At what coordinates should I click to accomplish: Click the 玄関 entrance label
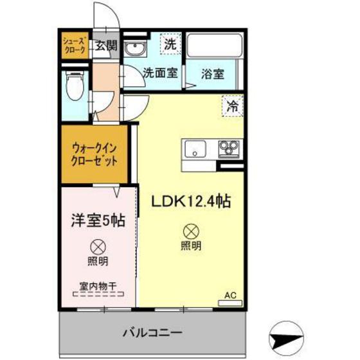point(106,46)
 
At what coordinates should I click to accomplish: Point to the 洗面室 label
point(160,73)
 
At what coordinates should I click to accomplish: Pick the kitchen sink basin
point(194,152)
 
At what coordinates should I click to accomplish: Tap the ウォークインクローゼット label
point(94,154)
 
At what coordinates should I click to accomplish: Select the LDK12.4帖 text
point(191,201)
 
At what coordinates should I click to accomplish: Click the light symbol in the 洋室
point(98,246)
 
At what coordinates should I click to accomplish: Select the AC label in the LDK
point(230,296)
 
